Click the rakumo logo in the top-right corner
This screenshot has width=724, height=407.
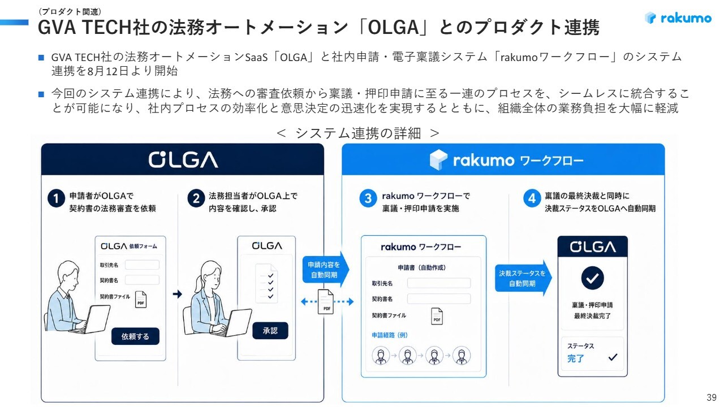point(678,18)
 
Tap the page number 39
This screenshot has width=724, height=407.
point(712,397)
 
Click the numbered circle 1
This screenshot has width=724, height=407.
point(56,198)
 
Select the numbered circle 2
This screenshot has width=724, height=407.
point(196,198)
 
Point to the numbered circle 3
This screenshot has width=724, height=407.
point(368,198)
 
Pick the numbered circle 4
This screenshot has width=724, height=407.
point(532,198)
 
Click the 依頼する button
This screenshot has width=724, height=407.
point(135,336)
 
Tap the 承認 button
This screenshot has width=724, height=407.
point(270,331)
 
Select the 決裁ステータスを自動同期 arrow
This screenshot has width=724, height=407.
point(523,278)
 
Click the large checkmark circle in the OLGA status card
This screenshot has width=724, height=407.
point(592,278)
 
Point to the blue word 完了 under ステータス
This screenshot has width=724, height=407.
point(576,358)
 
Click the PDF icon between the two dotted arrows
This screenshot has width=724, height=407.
point(326,302)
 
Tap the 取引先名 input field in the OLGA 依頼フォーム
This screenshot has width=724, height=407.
point(142,265)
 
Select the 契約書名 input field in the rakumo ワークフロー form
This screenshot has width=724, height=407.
point(439,299)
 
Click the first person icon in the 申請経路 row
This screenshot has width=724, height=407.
point(381,356)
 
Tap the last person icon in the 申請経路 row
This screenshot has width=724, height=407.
point(462,356)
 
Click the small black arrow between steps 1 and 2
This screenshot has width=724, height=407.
point(178,294)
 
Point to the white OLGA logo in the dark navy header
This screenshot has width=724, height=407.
point(183,159)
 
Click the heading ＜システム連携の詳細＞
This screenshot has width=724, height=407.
point(358,133)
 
